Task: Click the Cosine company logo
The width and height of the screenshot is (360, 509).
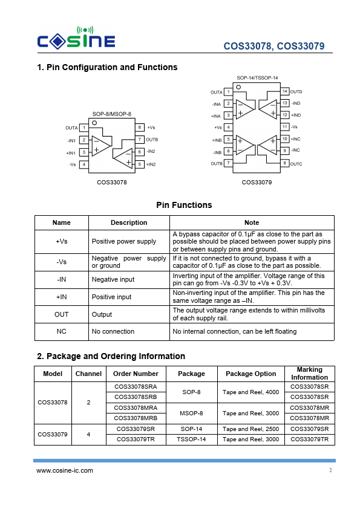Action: pyautogui.click(x=76, y=38)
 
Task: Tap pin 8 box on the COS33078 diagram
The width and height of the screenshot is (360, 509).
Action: pyautogui.click(x=139, y=127)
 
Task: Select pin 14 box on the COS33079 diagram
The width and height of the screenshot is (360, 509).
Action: pyautogui.click(x=284, y=91)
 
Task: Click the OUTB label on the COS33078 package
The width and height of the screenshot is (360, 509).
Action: pyautogui.click(x=152, y=140)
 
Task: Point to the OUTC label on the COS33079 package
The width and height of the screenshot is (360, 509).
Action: pyautogui.click(x=296, y=164)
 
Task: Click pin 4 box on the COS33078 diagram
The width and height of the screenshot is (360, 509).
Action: pyautogui.click(x=84, y=164)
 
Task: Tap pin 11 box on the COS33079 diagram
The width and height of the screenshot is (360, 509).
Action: pyautogui.click(x=284, y=126)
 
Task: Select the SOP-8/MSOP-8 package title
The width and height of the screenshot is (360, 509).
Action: pyautogui.click(x=112, y=114)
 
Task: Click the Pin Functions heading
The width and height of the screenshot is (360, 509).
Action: pyautogui.click(x=184, y=205)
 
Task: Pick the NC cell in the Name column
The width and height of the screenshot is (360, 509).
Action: pyautogui.click(x=61, y=331)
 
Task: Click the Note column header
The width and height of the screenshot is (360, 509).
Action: pyautogui.click(x=252, y=222)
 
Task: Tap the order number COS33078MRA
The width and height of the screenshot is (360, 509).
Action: pyautogui.click(x=136, y=407)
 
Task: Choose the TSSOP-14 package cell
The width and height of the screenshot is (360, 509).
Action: pyautogui.click(x=191, y=439)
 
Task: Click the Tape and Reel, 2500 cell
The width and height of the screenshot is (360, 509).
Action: pyautogui.click(x=251, y=429)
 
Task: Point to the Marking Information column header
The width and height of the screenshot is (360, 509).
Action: pyautogui.click(x=310, y=374)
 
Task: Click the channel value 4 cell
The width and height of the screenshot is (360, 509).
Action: pyautogui.click(x=88, y=434)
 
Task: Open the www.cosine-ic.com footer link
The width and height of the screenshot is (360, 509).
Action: pyautogui.click(x=65, y=470)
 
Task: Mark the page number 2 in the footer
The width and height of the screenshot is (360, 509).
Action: pyautogui.click(x=330, y=470)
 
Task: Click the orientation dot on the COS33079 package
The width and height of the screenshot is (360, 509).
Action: pyautogui.click(x=238, y=87)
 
